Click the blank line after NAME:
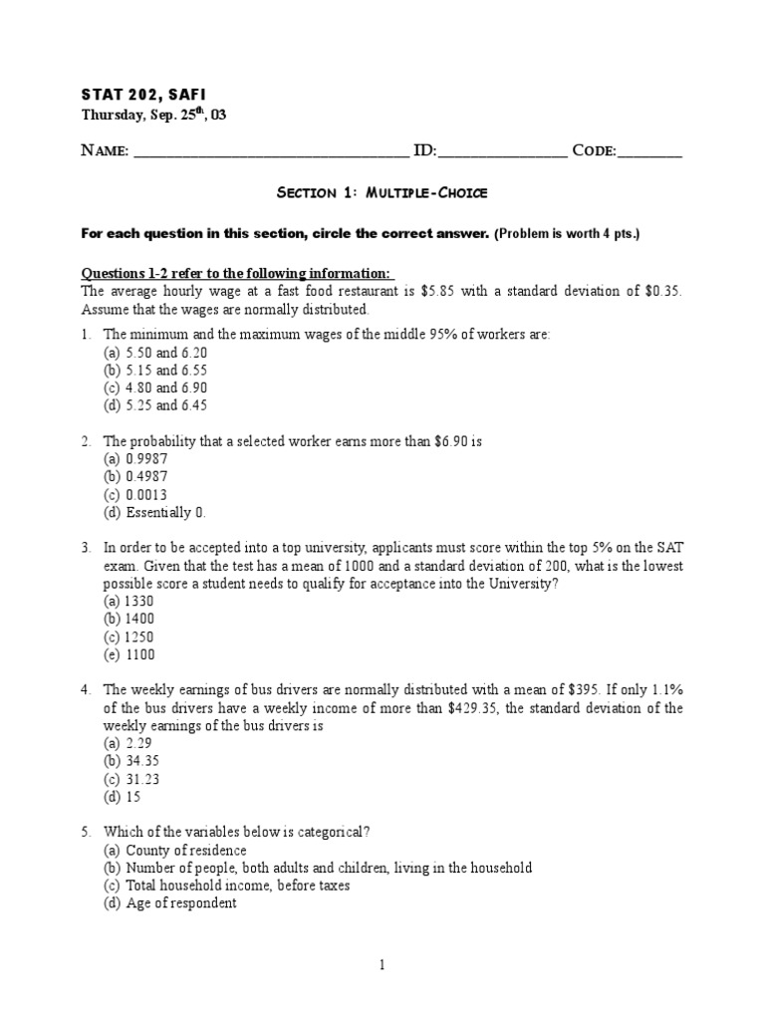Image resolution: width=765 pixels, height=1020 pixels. tap(270, 152)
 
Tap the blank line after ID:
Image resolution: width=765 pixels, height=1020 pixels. tap(501, 152)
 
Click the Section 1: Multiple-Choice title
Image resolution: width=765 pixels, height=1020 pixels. tap(382, 192)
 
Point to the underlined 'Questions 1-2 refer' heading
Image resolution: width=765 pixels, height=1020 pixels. tap(237, 274)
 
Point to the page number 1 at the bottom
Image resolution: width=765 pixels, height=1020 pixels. tap(382, 964)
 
